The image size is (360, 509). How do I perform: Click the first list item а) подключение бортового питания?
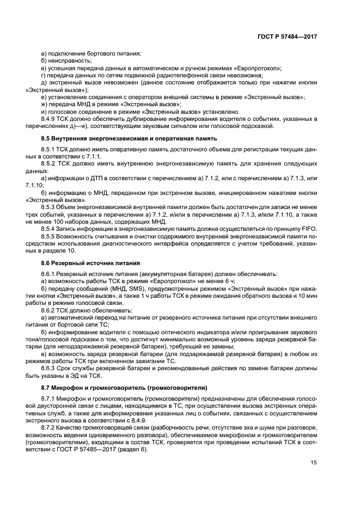91,53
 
